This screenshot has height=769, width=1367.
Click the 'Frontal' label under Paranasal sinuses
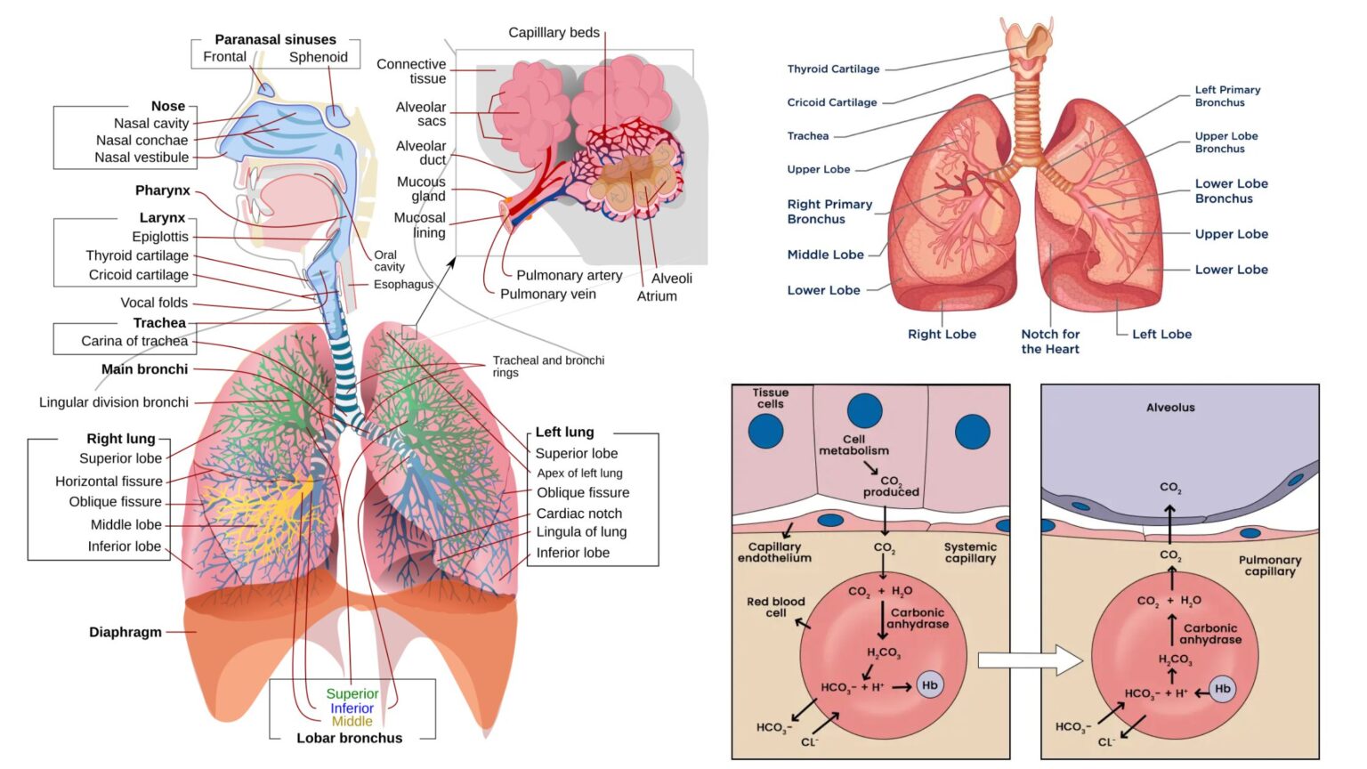click(224, 57)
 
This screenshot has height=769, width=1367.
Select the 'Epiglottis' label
click(160, 237)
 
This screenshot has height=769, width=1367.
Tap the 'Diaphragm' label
click(125, 632)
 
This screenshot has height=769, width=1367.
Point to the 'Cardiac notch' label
click(579, 514)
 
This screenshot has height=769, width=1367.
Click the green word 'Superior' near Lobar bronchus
click(352, 693)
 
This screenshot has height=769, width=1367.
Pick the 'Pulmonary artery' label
click(569, 275)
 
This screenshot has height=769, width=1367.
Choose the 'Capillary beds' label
click(554, 33)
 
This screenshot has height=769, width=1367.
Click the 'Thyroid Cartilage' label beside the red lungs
click(833, 69)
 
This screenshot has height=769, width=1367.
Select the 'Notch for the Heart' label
click(1050, 341)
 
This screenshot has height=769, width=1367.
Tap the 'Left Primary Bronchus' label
click(1227, 96)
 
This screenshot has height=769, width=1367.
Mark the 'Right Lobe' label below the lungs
click(942, 334)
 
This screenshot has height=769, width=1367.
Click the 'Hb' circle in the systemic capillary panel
click(930, 684)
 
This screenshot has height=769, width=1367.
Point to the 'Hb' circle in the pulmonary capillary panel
click(1223, 688)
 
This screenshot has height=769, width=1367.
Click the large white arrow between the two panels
click(1029, 660)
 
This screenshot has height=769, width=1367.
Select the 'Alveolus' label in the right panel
click(1170, 408)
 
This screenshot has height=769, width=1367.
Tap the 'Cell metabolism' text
click(853, 445)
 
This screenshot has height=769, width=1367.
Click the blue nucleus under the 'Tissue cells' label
click(765, 431)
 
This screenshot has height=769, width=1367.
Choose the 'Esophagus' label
click(403, 284)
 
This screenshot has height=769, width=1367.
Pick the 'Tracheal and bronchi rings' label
click(548, 366)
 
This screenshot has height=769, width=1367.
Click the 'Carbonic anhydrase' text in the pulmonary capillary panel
click(1210, 634)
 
